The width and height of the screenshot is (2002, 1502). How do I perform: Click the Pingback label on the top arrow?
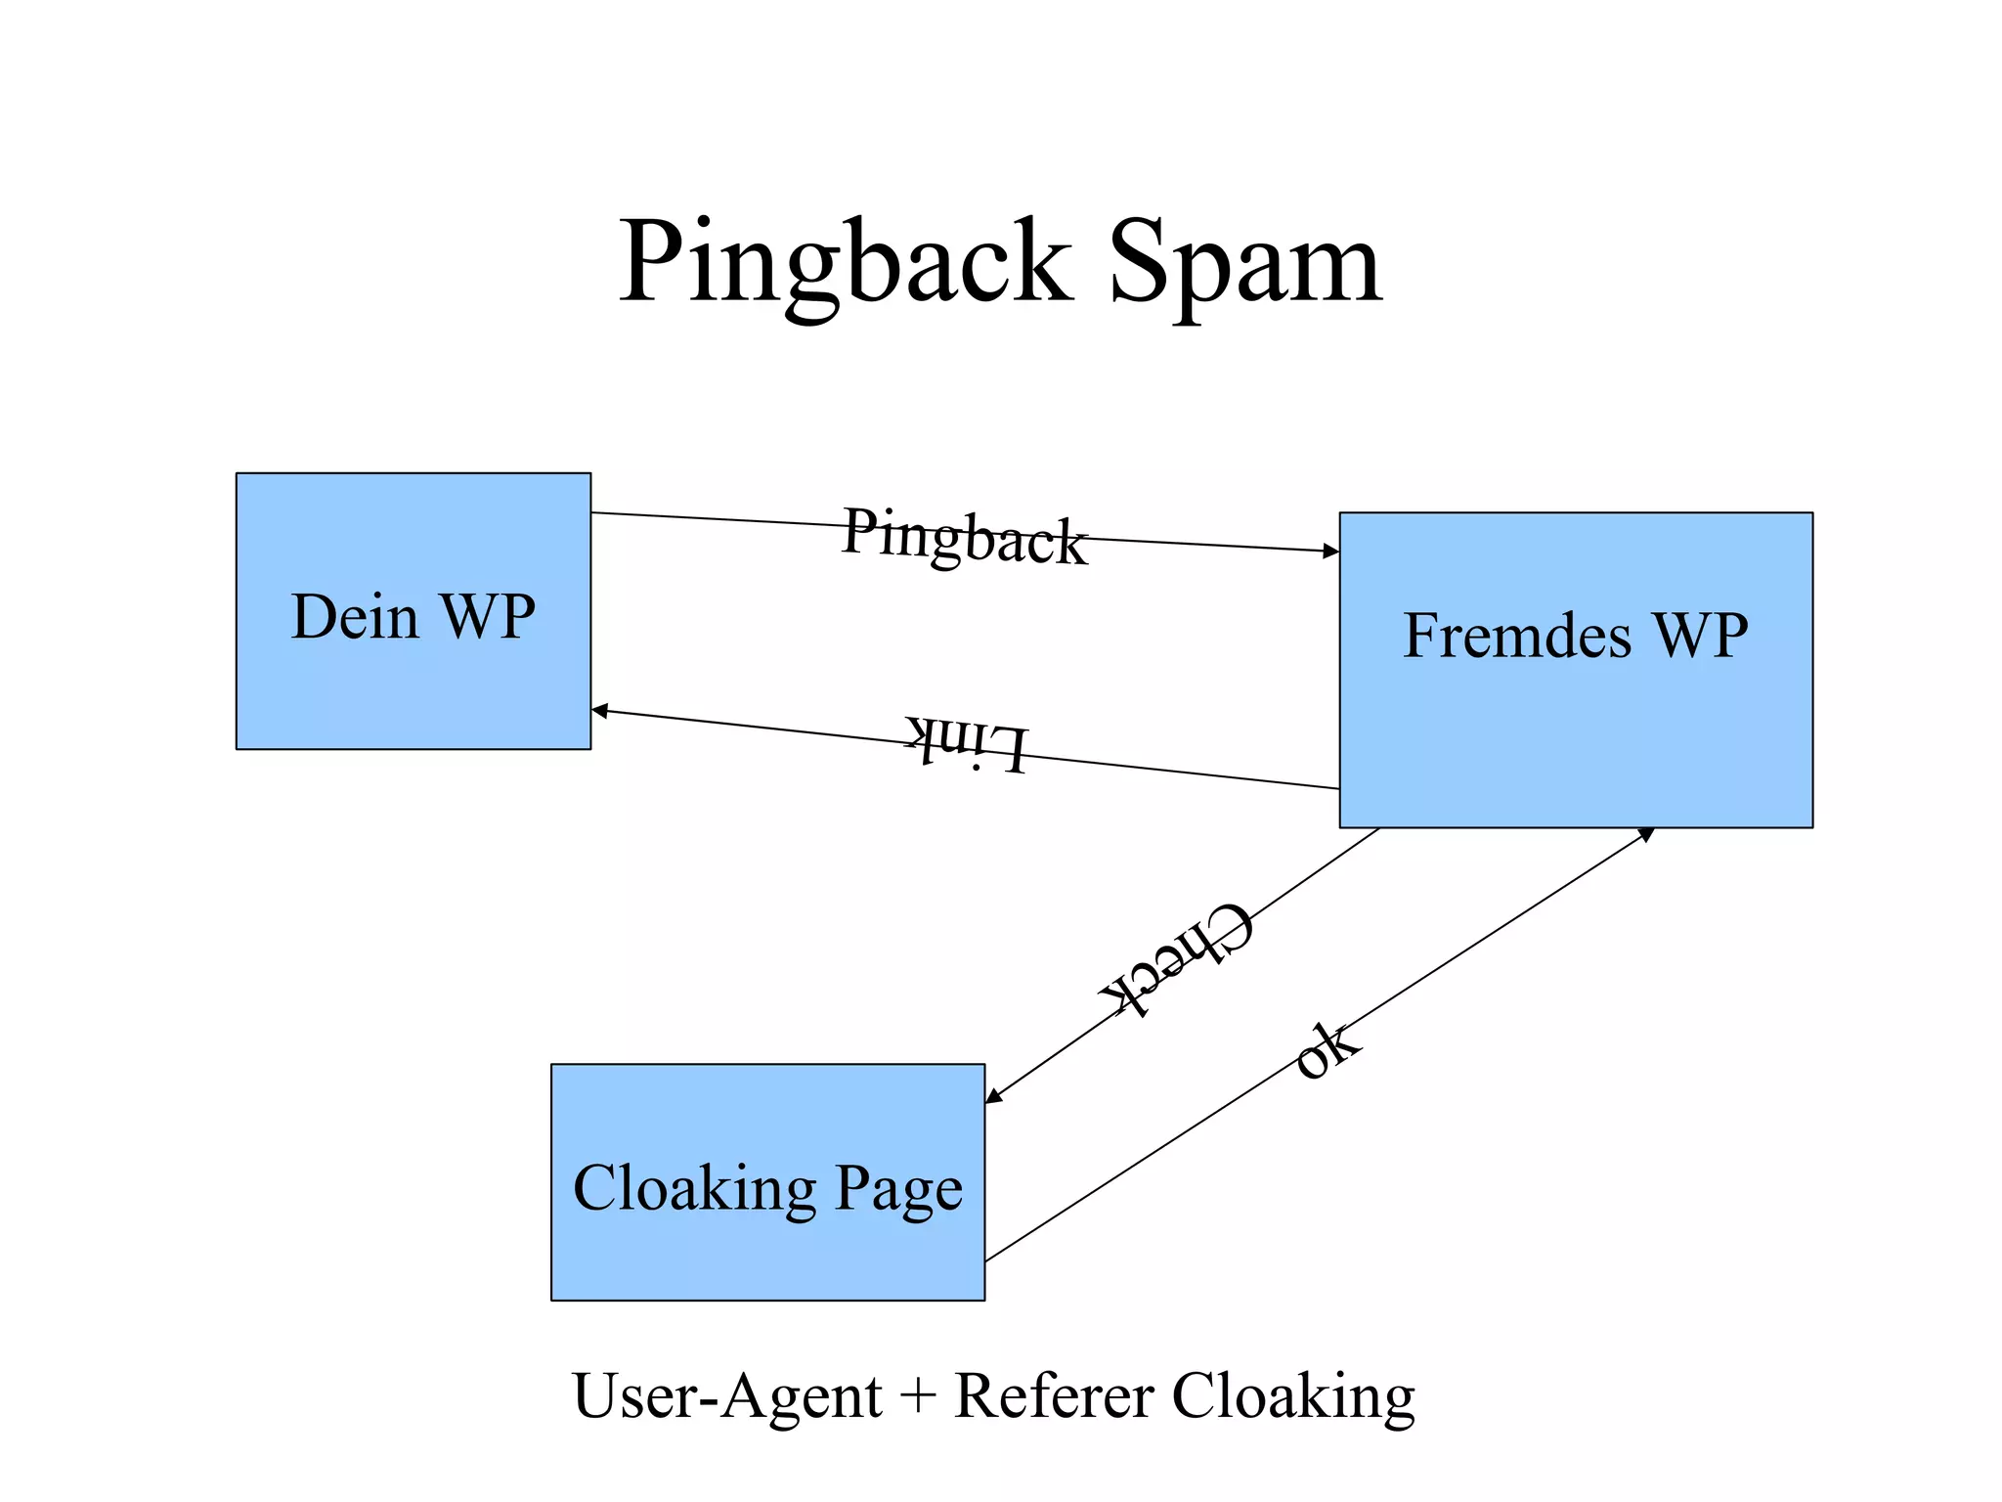(x=964, y=537)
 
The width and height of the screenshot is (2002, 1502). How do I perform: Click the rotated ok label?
(x=1326, y=1051)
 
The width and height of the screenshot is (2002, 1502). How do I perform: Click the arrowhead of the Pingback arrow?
(x=1331, y=552)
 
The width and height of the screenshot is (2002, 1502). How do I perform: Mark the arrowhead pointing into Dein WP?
(x=599, y=711)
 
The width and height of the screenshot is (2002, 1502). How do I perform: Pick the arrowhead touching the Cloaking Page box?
(x=993, y=1096)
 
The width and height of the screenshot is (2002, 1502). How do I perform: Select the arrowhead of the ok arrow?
(x=1646, y=834)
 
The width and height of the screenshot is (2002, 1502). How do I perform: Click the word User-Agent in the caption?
(x=727, y=1396)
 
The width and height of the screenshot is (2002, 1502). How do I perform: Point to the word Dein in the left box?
(x=354, y=617)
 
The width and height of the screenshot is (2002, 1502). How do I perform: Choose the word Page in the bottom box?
(x=898, y=1190)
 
